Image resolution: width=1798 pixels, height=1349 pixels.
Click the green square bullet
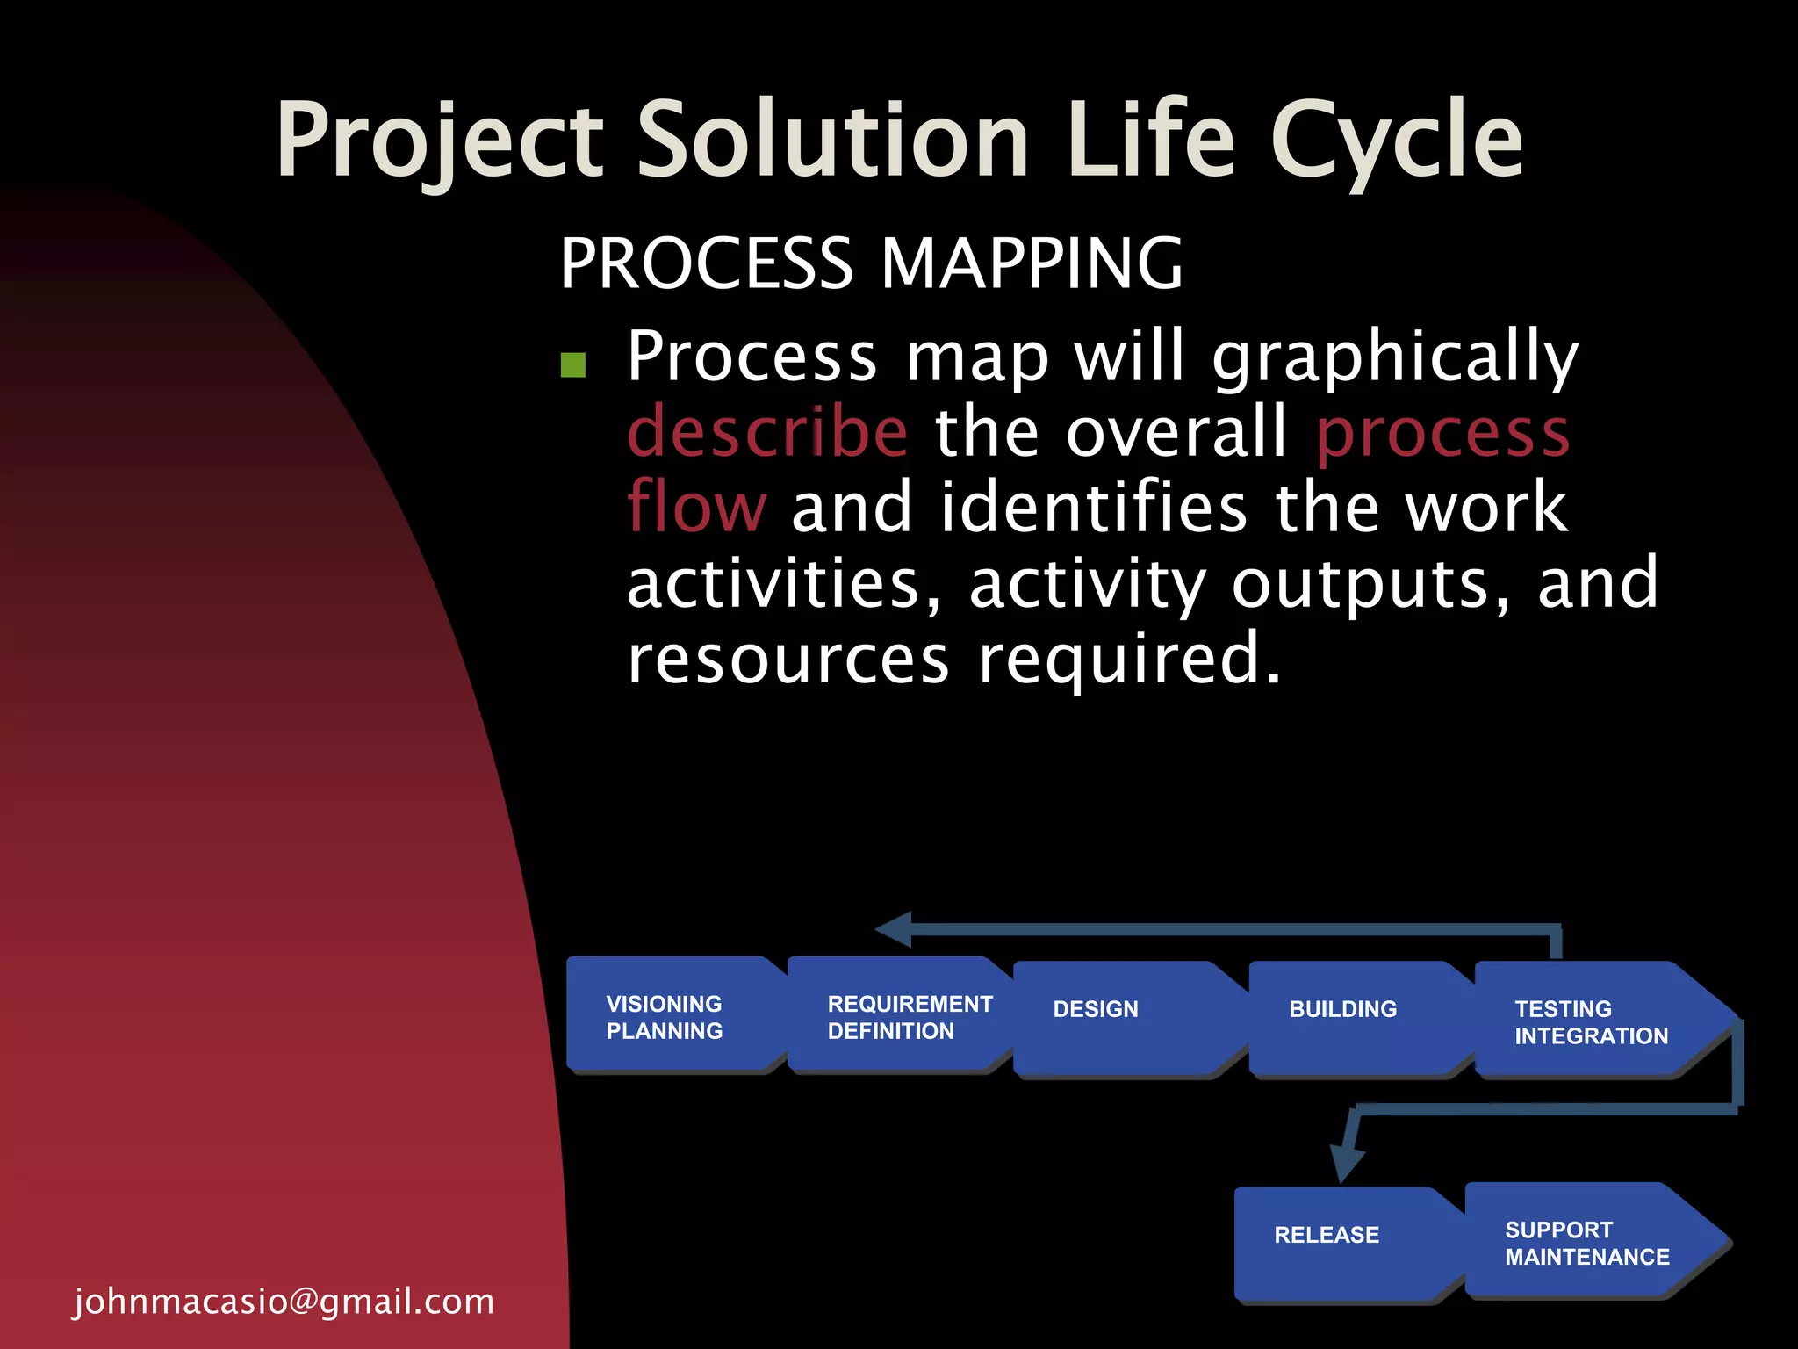point(573,364)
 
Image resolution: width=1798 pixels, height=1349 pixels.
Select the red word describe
point(767,432)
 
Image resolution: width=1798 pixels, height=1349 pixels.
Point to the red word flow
point(696,508)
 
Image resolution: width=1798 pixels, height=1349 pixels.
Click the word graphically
point(1395,358)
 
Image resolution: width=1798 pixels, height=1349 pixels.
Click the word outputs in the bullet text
point(1359,583)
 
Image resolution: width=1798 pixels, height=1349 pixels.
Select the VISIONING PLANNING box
point(672,1016)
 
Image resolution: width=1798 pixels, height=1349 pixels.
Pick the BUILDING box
point(1352,1019)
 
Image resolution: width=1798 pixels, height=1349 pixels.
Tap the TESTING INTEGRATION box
point(1593,1021)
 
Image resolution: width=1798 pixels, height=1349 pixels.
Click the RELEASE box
point(1339,1243)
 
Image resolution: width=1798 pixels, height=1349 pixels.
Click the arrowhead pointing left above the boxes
point(895,929)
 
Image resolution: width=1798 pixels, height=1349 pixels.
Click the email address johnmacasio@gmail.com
point(284,1301)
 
